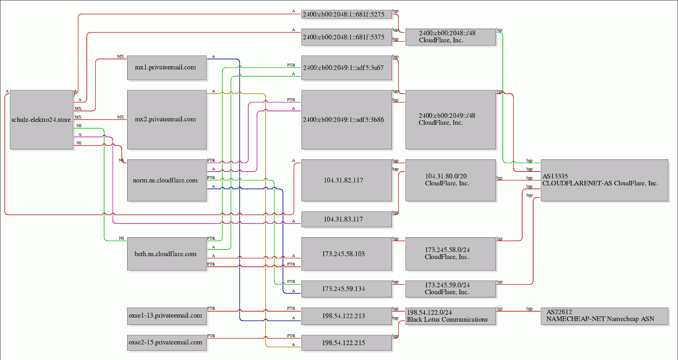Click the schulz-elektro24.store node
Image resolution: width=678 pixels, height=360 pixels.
pos(42,119)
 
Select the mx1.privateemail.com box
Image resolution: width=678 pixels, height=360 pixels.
pos(167,67)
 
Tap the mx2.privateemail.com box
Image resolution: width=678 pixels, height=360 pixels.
pos(167,119)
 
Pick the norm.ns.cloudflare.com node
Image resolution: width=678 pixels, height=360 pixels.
pos(167,180)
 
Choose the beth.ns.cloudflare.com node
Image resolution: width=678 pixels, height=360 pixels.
pos(167,254)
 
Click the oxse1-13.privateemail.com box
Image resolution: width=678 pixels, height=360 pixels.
pos(167,316)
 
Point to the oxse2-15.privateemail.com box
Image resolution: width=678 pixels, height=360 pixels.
pos(167,343)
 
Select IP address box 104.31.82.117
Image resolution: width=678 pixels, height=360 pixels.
pos(347,180)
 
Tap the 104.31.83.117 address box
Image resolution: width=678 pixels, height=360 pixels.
pos(347,219)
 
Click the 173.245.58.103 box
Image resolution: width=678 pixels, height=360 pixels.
pos(347,254)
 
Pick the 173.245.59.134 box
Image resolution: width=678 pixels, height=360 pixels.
pos(347,289)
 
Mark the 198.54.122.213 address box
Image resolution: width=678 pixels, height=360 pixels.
pos(347,316)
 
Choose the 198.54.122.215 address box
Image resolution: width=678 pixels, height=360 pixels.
pos(347,343)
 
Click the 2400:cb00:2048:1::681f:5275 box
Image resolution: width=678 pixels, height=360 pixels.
pos(347,14)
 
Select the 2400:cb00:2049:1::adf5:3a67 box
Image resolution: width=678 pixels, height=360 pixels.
pos(347,67)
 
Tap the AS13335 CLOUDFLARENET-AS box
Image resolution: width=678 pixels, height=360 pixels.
pos(605,180)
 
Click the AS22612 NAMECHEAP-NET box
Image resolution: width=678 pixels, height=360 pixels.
pos(605,316)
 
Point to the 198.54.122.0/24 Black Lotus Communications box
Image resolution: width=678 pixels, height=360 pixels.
pos(451,316)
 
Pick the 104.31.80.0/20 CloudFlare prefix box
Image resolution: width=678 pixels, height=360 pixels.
pos(451,180)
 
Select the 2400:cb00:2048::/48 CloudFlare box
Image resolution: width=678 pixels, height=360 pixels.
pos(451,37)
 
